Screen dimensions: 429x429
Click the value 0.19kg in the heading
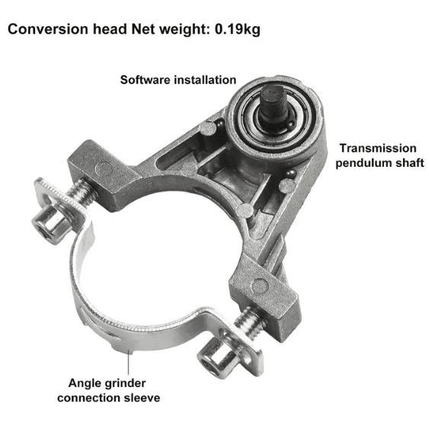point(237,30)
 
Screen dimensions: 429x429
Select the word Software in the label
point(146,80)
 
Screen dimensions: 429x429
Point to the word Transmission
point(378,149)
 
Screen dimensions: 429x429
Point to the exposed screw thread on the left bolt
point(81,192)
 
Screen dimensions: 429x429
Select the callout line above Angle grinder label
point(128,362)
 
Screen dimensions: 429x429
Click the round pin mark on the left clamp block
point(104,169)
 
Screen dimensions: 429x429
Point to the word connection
point(89,398)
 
